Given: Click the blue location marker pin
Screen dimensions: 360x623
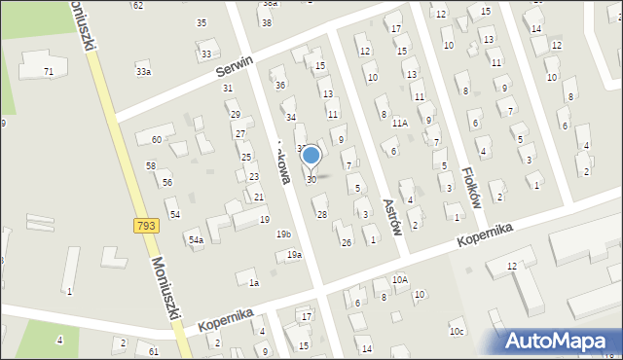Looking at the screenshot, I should pyautogui.click(x=311, y=156).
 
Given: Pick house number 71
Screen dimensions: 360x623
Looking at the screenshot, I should pyautogui.click(x=49, y=71).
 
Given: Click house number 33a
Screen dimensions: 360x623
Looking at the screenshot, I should pyautogui.click(x=143, y=71).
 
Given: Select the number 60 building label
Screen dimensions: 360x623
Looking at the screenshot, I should pyautogui.click(x=156, y=140).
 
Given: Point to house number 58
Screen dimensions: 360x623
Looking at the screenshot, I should pyautogui.click(x=151, y=166).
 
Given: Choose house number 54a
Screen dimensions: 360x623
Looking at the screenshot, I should pyautogui.click(x=196, y=239).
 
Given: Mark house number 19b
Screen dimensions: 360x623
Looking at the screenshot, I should pyautogui.click(x=283, y=234).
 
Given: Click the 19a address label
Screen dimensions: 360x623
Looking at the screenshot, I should pyautogui.click(x=293, y=255).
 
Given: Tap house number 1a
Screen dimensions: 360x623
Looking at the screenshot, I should pyautogui.click(x=253, y=283).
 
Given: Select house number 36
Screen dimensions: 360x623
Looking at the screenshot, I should pyautogui.click(x=280, y=86).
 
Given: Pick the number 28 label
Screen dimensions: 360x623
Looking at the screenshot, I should pyautogui.click(x=321, y=214).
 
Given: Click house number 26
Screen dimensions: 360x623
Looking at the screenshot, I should pyautogui.click(x=346, y=242).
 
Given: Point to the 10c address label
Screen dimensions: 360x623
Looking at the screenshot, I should pyautogui.click(x=457, y=332).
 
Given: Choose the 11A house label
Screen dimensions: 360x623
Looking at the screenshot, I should pyautogui.click(x=399, y=124).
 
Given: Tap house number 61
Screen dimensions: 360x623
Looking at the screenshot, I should pyautogui.click(x=154, y=350).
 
